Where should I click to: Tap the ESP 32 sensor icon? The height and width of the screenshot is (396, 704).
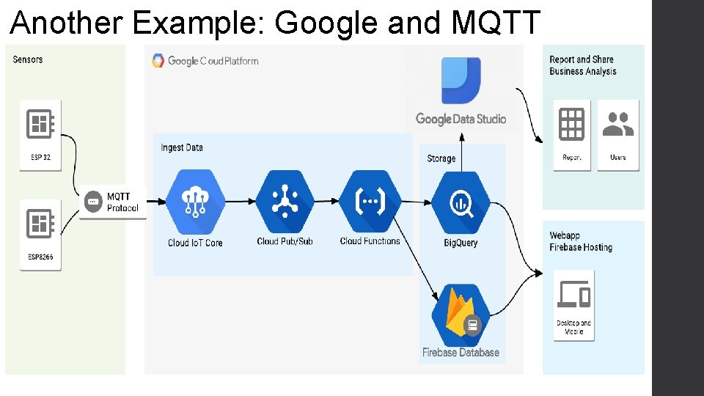click(40, 124)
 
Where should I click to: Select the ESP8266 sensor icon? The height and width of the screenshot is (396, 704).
click(40, 224)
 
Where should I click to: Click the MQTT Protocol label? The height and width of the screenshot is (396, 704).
click(122, 202)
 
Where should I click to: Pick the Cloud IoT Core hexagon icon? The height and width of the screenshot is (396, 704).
click(195, 201)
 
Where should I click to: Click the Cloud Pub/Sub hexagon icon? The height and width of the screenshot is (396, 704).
click(285, 201)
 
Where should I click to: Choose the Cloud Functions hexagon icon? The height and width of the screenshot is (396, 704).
click(370, 201)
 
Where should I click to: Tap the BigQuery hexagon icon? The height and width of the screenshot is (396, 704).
click(461, 202)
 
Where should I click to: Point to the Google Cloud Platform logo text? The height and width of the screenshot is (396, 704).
click(213, 61)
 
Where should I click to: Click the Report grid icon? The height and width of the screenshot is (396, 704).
click(571, 124)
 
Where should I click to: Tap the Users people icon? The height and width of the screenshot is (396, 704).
click(617, 124)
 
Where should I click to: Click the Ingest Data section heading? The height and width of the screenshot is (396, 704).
click(182, 147)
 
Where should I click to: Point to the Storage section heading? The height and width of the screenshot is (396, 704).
click(441, 158)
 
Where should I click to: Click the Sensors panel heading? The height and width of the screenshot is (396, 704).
click(28, 59)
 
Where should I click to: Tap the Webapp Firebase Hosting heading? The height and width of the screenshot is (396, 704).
click(581, 241)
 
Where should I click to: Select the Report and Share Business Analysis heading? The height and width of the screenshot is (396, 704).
click(583, 65)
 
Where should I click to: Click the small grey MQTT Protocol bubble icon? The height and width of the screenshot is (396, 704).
click(92, 202)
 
